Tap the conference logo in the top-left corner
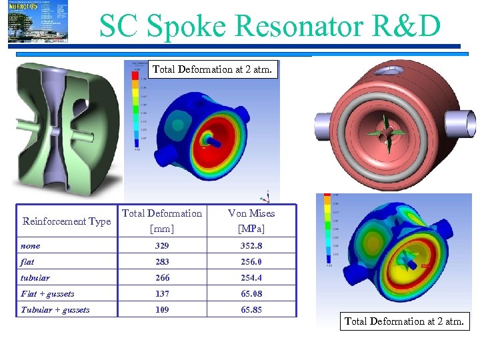tap(39, 21)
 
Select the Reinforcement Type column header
tap(67, 221)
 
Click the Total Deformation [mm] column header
tap(162, 221)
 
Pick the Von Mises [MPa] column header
tap(251, 221)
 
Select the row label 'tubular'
tap(35, 278)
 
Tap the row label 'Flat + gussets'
tap(47, 294)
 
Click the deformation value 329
tap(162, 246)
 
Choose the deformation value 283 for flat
tap(162, 262)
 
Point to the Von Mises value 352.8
tap(251, 246)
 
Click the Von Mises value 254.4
tap(251, 278)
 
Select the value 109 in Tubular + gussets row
tap(162, 310)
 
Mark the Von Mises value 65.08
tap(251, 294)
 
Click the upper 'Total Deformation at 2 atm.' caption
tap(213, 69)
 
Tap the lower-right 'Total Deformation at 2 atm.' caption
tap(404, 321)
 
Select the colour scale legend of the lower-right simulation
tap(327, 230)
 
